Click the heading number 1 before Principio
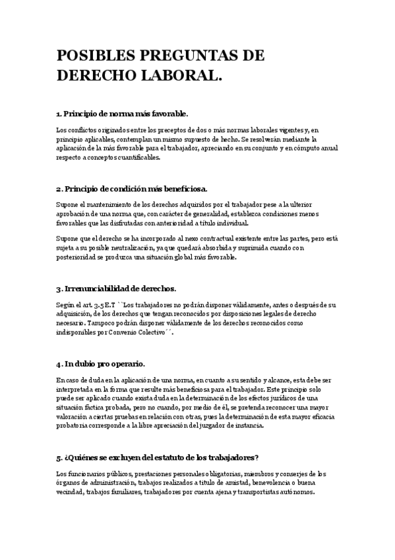coord(58,114)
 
